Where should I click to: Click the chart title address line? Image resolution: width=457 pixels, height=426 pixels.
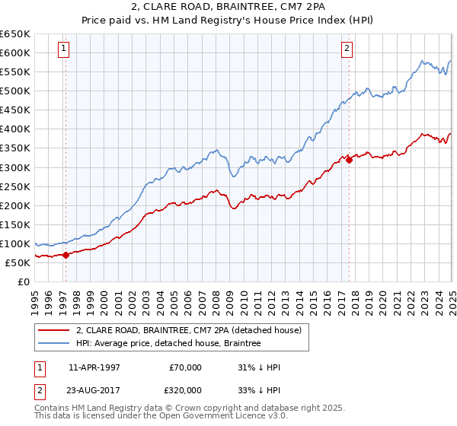(228, 6)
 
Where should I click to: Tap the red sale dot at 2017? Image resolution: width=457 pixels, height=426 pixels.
(349, 159)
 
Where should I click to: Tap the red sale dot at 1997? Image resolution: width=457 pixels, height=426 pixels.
(66, 255)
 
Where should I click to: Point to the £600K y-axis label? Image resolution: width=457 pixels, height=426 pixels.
(15, 52)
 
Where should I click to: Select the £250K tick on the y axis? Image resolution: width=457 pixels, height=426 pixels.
(15, 186)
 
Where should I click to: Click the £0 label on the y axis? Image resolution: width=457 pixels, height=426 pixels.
(24, 281)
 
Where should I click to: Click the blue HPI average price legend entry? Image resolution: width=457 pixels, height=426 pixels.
(168, 344)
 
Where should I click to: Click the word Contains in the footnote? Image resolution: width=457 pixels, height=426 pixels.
(53, 409)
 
